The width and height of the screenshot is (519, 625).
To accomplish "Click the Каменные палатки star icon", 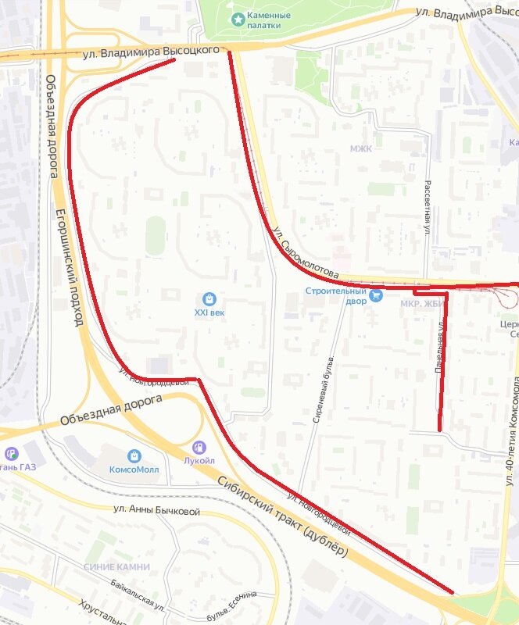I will (238, 19).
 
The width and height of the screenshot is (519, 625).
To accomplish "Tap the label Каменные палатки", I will (269, 20).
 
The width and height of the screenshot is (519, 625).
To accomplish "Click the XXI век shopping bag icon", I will (209, 298).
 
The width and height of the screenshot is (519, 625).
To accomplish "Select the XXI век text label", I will (209, 312).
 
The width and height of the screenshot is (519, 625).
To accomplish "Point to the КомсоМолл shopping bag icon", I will (134, 455).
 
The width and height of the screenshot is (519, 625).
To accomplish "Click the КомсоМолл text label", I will (134, 470).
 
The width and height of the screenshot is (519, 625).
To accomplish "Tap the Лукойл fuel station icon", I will (199, 447).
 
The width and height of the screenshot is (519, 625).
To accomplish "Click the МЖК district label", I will (361, 148).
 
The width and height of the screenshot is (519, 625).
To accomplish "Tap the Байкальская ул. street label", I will (136, 595).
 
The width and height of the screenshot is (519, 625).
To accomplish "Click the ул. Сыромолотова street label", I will (306, 253).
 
